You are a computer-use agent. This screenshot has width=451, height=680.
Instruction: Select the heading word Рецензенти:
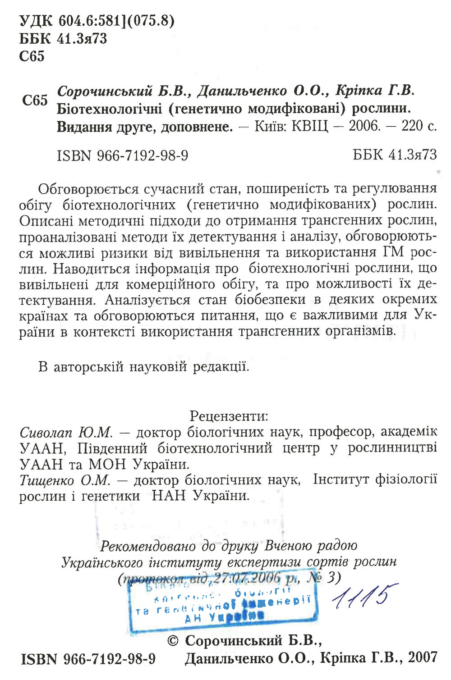coord(229,415)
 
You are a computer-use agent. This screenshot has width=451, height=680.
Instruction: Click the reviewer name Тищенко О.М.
coord(65,480)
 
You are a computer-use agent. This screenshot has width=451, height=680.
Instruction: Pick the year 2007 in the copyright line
coord(423,657)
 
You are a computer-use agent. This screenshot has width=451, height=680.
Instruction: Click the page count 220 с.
coord(419,126)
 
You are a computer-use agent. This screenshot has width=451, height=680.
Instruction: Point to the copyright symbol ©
coord(173,640)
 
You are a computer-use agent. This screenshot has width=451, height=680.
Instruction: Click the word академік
coord(409,432)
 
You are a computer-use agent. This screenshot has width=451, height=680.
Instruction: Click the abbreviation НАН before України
coord(169,496)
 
